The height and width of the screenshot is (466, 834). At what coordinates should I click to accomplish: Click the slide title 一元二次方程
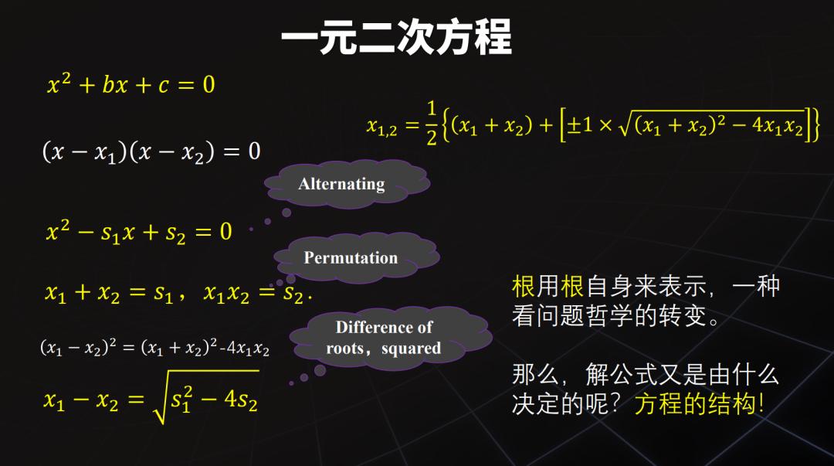(396, 37)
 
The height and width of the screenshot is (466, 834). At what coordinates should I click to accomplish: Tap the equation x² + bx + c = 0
(131, 84)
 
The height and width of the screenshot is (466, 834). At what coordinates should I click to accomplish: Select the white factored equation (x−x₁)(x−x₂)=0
(151, 151)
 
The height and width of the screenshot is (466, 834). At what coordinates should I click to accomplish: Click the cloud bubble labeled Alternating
(341, 184)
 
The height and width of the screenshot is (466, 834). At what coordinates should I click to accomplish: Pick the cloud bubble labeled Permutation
(351, 257)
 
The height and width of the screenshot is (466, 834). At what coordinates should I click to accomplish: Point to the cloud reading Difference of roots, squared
(384, 338)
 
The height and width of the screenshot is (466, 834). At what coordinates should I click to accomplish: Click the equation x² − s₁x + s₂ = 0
(139, 231)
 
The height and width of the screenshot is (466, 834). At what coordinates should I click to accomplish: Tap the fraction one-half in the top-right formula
(431, 123)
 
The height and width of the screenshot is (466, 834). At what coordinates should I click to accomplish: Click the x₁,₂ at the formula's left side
(382, 126)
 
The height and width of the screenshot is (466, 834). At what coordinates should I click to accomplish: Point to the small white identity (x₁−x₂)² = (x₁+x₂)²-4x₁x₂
(154, 348)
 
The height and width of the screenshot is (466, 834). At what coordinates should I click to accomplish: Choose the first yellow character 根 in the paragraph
(523, 287)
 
